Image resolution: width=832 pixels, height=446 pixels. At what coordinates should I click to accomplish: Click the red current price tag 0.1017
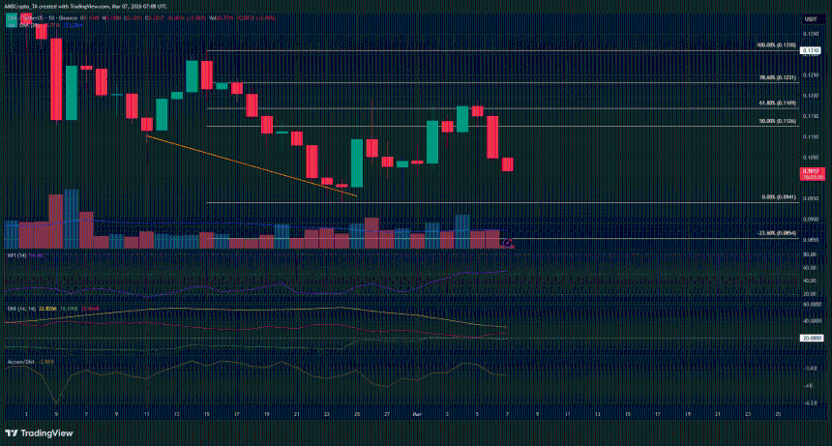coord(810,170)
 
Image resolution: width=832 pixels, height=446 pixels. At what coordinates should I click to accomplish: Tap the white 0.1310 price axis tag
coord(810,50)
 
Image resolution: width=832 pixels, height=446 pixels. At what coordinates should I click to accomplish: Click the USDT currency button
coord(809,18)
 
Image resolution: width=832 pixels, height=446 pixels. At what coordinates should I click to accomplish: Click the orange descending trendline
coord(252,166)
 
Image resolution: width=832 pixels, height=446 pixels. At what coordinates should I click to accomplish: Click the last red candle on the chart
coord(508,164)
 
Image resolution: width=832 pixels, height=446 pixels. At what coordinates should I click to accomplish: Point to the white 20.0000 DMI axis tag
coord(811,338)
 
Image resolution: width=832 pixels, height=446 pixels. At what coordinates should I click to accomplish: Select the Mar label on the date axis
coord(418,412)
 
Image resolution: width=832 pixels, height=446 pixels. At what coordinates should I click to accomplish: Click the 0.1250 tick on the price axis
coord(810,95)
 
